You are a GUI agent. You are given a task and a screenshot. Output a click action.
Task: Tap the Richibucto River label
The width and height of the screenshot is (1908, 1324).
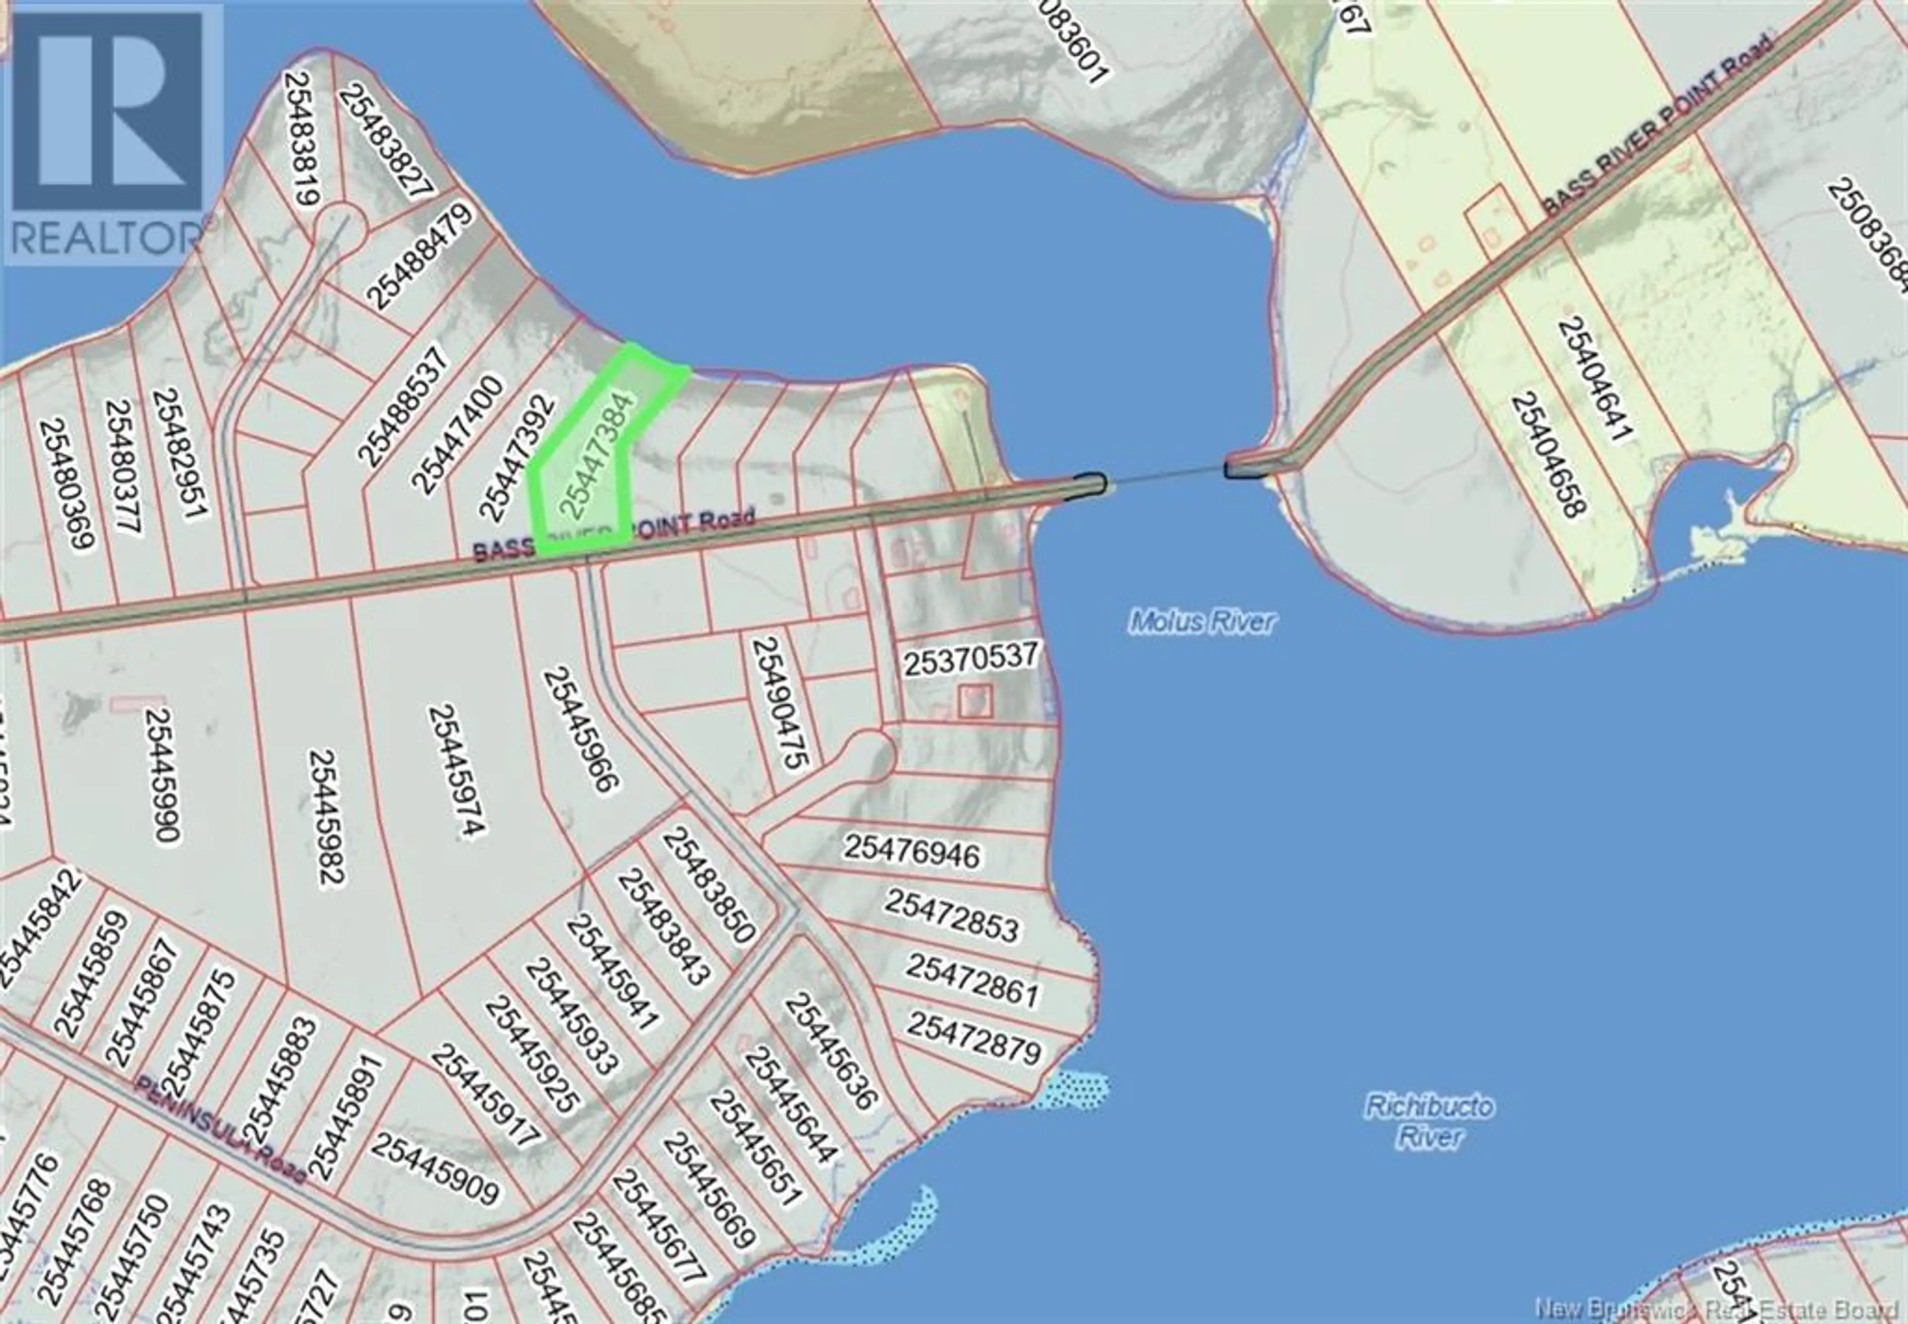(x=1429, y=1121)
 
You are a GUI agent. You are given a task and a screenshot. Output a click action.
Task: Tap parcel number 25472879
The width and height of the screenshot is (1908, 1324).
(x=973, y=1037)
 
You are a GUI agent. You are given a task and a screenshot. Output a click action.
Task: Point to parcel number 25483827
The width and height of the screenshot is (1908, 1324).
(x=386, y=141)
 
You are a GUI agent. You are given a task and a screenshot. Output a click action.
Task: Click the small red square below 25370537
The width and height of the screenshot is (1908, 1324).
(x=975, y=701)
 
